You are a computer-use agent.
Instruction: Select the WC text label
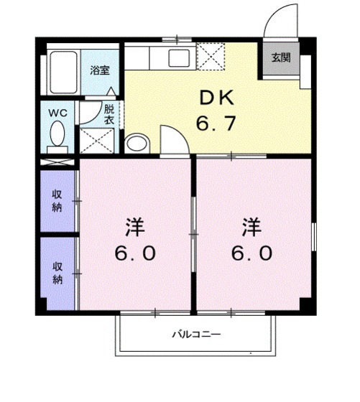tap(57, 113)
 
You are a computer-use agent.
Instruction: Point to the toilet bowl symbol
tap(57, 134)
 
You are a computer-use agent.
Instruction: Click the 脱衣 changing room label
tap(109, 115)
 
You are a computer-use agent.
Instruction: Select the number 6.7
tap(216, 123)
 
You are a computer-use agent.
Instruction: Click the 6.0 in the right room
tap(251, 254)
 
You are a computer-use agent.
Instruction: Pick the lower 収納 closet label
tap(57, 272)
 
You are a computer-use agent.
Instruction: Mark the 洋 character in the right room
tap(251, 229)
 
